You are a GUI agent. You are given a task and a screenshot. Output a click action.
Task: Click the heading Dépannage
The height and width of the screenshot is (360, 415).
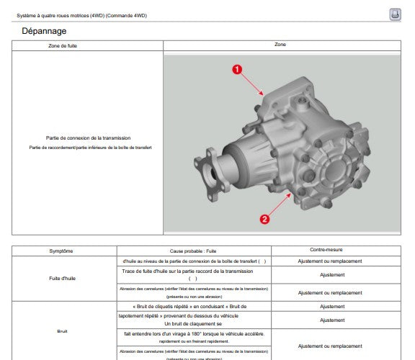tap(44, 31)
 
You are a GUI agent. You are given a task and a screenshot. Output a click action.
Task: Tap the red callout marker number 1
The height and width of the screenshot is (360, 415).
tap(236, 69)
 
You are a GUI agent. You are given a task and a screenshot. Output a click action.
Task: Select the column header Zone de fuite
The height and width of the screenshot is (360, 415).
tap(87, 45)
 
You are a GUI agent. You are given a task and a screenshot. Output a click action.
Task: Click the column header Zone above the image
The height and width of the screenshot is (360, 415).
tap(280, 45)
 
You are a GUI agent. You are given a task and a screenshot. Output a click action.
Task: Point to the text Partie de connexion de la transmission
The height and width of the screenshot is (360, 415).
tap(87, 137)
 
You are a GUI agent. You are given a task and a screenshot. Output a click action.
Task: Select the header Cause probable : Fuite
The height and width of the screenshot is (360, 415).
tap(193, 251)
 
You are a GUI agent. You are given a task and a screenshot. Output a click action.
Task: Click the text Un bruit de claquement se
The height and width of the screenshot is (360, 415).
tap(193, 324)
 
